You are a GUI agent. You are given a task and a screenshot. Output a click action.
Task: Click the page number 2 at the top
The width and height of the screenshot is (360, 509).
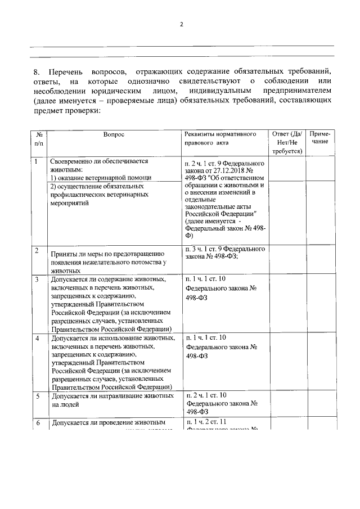(181, 25)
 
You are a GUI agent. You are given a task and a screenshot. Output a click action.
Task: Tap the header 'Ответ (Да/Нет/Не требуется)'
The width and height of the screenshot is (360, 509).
(287, 142)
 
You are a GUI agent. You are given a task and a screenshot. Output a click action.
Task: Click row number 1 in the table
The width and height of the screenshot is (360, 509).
(37, 161)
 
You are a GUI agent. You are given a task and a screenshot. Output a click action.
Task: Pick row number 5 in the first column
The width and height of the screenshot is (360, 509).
(37, 397)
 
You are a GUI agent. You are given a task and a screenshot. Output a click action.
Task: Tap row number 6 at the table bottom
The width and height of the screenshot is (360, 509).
(37, 422)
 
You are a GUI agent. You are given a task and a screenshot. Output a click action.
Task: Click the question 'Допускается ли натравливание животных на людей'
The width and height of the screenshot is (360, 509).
(112, 400)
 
